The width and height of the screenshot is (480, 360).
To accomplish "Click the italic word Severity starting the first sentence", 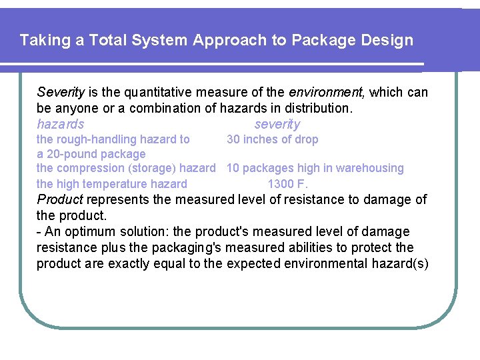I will coord(61,92).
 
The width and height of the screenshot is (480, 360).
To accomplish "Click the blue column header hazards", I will coord(61,124).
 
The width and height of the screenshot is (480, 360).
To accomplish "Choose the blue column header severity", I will coord(277,124).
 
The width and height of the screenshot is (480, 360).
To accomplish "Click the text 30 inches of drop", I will coord(273,139).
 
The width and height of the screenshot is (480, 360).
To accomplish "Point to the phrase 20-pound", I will coord(71,154).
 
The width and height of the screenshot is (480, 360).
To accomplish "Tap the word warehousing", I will coord(370,169).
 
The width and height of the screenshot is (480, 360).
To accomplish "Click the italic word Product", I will coord(60,199).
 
